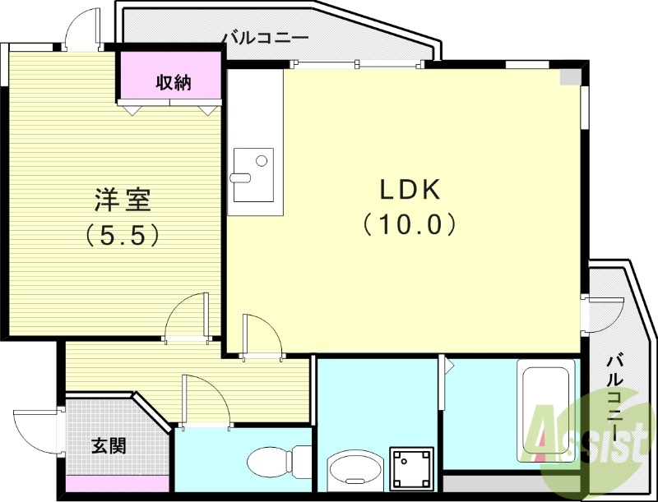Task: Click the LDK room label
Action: point(410,190)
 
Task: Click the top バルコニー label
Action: point(265,37)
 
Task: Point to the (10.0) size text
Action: point(409,223)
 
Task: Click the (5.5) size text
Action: point(122,236)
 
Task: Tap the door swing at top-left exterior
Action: point(80,29)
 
